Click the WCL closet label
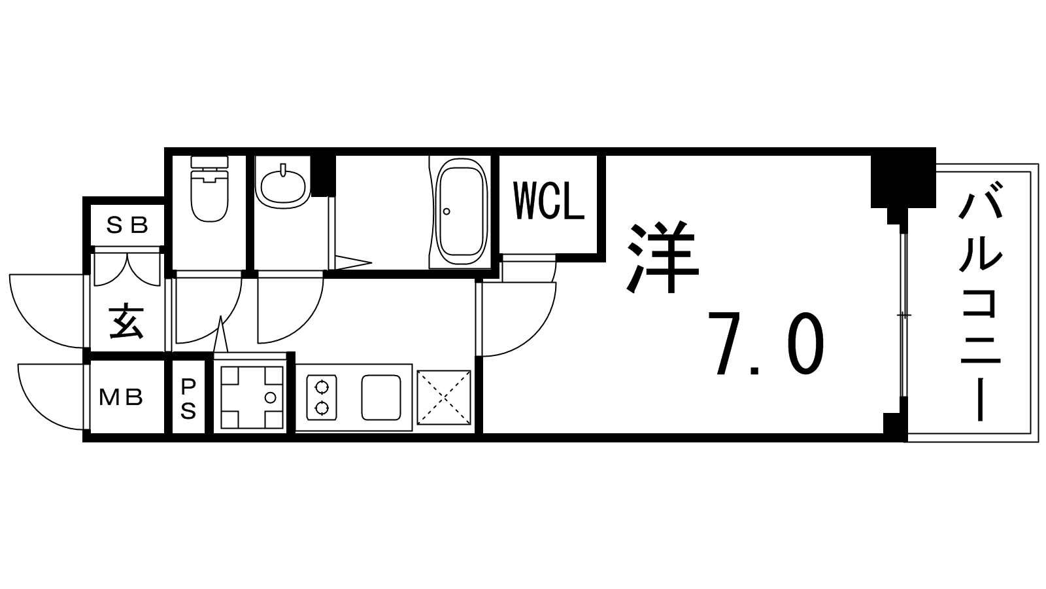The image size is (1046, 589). (548, 202)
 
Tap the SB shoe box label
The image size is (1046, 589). (127, 226)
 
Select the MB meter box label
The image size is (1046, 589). (121, 397)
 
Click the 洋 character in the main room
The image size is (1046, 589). (662, 258)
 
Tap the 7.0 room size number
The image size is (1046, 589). (766, 343)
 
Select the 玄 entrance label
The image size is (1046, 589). (126, 322)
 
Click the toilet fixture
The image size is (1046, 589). (210, 189)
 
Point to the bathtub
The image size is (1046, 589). (461, 213)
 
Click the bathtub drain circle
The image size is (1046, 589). (447, 211)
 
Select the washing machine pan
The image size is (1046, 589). (252, 397)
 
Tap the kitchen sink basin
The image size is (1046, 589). (381, 397)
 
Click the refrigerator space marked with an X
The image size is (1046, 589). (444, 398)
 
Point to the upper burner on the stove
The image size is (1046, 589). (322, 387)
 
